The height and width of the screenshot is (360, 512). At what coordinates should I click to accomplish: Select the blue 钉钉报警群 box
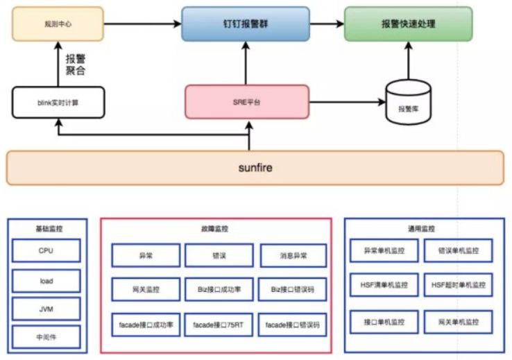point(246,24)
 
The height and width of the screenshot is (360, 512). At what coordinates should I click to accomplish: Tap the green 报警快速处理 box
point(408,24)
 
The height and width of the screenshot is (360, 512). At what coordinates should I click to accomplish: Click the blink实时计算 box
point(58,101)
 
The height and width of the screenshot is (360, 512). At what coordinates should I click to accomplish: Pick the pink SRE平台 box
point(247,101)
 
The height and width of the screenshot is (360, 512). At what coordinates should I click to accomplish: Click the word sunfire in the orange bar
point(255,167)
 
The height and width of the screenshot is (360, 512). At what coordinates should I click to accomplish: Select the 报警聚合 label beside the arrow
point(76,65)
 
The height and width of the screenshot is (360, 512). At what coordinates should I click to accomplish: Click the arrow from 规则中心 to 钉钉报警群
point(142,24)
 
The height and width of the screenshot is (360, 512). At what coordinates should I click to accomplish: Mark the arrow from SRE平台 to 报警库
point(347,102)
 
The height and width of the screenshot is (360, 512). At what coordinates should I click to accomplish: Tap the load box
point(46,282)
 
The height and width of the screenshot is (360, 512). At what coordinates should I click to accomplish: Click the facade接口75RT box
point(219,325)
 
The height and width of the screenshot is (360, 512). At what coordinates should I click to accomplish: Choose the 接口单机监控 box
point(384,322)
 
